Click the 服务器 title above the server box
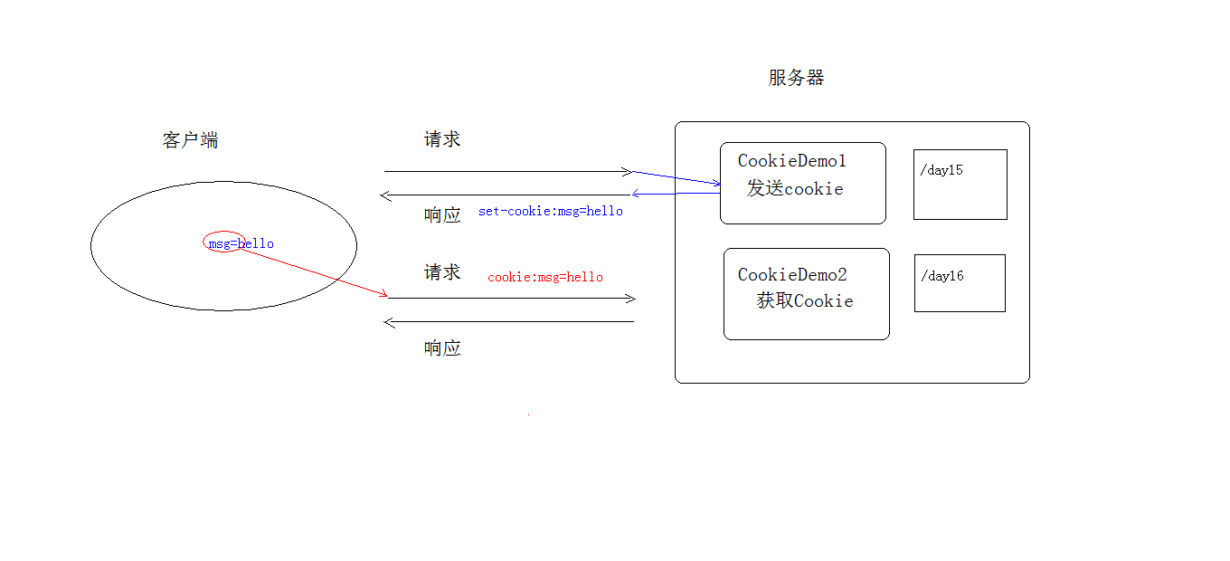click(796, 78)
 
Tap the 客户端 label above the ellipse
click(190, 140)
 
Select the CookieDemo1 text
click(791, 161)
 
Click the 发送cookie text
click(795, 188)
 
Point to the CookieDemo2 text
click(792, 275)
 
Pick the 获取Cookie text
click(805, 301)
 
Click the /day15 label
click(941, 170)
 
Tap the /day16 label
click(942, 276)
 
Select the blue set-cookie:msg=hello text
click(551, 211)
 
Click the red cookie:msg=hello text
click(545, 277)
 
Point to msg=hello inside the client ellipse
click(241, 243)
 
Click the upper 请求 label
click(442, 139)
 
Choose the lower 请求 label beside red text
click(442, 272)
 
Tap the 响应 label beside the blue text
click(442, 215)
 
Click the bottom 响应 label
click(442, 348)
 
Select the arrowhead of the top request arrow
click(628, 171)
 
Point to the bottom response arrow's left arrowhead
click(388, 321)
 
